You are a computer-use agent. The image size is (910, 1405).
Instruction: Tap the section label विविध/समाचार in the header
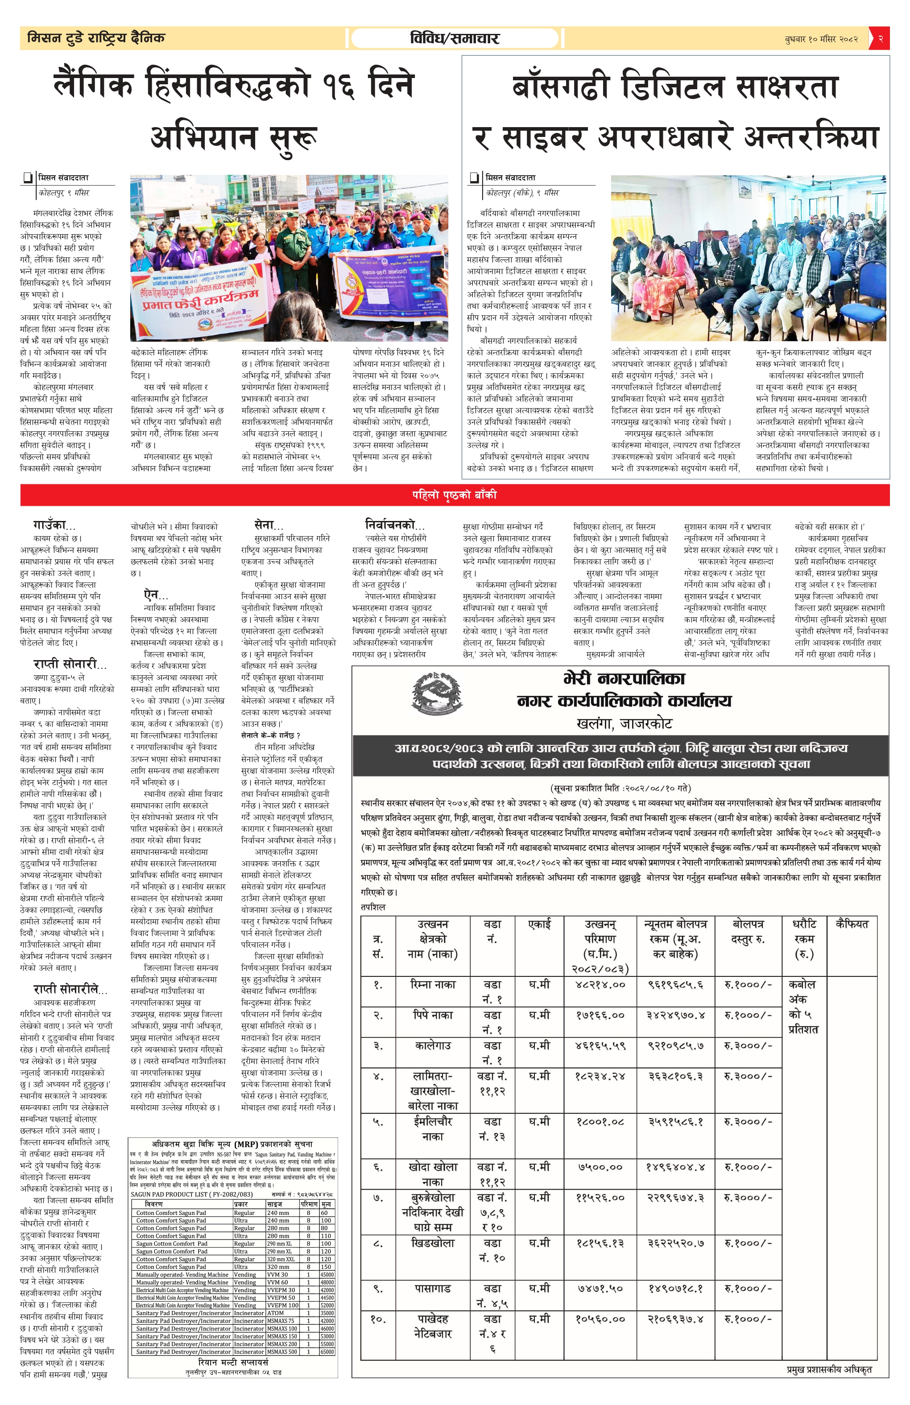coord(454,39)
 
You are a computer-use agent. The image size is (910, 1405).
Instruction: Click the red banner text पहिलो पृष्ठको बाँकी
coord(454,495)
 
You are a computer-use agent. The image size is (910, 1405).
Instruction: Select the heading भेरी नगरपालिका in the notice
coord(624,678)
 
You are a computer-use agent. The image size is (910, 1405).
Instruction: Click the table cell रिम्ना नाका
coord(433,983)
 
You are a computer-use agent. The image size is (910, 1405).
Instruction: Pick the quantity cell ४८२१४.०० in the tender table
coord(600,984)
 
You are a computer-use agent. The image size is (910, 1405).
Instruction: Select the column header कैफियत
coord(852,924)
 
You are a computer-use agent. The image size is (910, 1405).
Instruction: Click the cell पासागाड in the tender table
coord(433,1288)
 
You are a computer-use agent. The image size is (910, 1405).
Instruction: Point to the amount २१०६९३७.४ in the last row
coord(675,1318)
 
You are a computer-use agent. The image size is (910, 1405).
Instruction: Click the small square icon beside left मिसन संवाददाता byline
coord(27,178)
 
